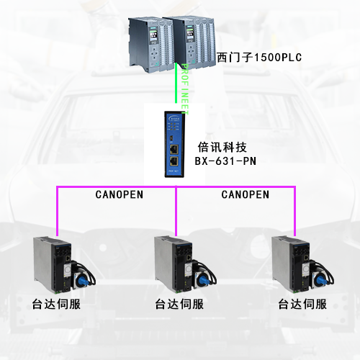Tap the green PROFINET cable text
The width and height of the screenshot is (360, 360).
tap(184, 87)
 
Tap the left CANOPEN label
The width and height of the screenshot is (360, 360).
tap(120, 194)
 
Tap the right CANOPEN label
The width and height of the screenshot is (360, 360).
tap(245, 194)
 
